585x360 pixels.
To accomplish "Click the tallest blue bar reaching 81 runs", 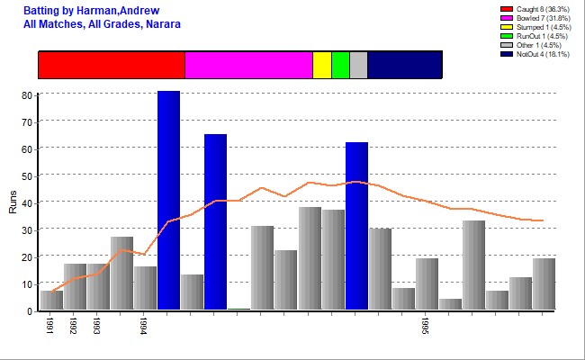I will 168,200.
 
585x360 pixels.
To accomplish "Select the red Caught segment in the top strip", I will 112,65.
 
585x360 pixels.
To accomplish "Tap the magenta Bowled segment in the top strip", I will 248,65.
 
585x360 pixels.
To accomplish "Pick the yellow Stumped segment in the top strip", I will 322,65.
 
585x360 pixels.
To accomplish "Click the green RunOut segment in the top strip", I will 340,65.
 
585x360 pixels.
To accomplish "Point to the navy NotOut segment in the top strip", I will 405,65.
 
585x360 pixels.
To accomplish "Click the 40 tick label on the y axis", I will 29,202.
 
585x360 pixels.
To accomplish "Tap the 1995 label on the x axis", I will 425,326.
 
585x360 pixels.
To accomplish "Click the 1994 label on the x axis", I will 143,326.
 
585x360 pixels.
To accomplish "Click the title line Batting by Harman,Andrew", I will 83,10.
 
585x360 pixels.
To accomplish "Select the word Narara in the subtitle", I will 163,23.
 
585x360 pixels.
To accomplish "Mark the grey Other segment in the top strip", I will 358,65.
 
